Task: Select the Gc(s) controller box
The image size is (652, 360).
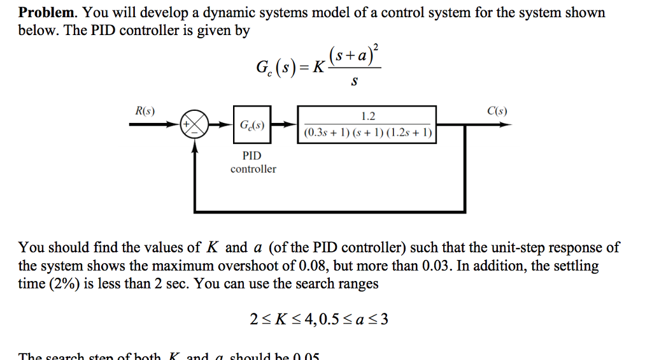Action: [253, 125]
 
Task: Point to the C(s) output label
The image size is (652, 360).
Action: [497, 111]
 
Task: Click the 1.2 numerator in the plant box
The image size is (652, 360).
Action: [367, 116]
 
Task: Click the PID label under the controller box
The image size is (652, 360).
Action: [252, 155]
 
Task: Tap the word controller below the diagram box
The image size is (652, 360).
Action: [253, 169]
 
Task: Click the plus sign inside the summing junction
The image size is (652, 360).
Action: [188, 124]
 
